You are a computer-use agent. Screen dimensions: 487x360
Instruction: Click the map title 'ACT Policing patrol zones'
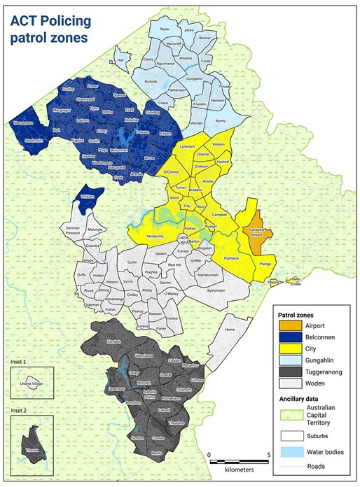point(49,29)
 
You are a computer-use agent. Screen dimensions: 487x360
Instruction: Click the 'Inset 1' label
point(22,362)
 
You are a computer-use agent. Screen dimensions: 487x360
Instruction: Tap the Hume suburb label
point(229,328)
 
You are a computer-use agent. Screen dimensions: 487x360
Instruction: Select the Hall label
point(120,60)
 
